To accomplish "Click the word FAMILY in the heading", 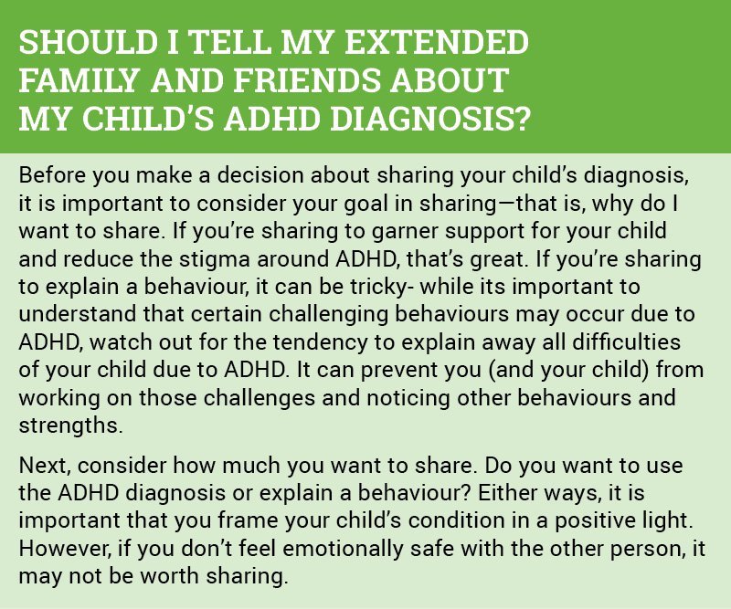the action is [x=79, y=80].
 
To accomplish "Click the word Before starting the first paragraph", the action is [x=52, y=175].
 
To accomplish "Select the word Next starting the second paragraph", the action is [x=44, y=466].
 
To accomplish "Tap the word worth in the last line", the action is [x=170, y=576].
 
